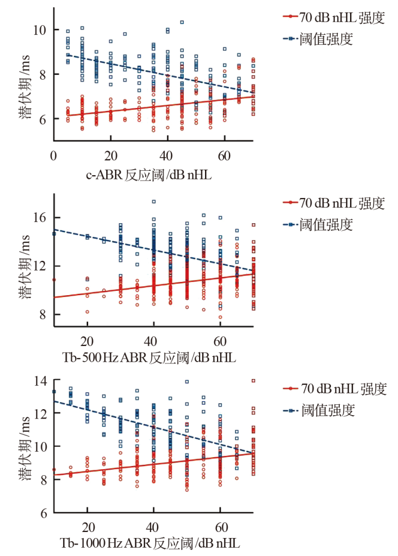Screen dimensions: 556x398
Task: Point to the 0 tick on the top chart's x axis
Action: coord(53,155)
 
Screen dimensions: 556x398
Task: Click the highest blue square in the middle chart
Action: coord(154,201)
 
